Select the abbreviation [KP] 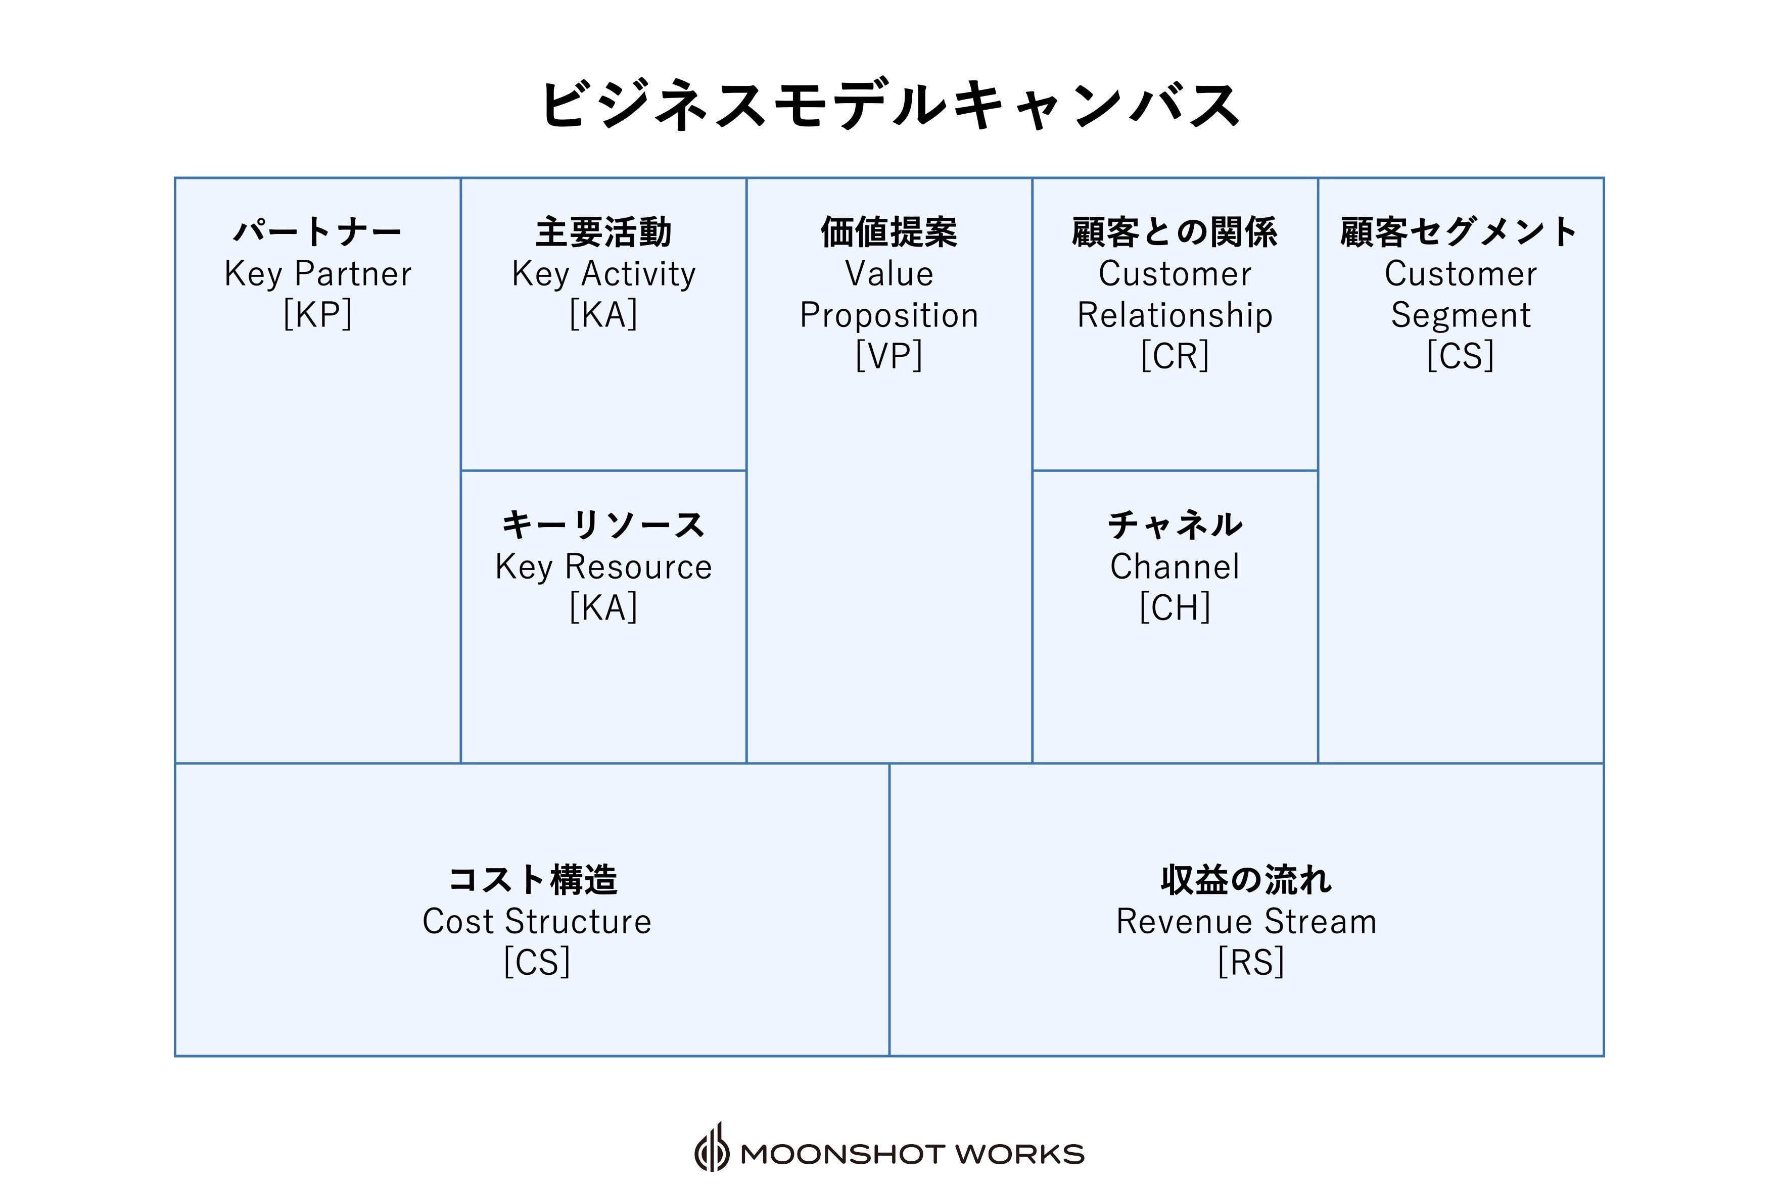[x=318, y=314]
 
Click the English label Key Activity [x=603, y=274]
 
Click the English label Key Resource [x=603, y=566]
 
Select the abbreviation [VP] [x=889, y=356]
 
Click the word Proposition [x=889, y=315]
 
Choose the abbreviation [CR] [x=1175, y=356]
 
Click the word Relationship [x=1175, y=315]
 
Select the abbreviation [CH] [x=1175, y=607]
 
